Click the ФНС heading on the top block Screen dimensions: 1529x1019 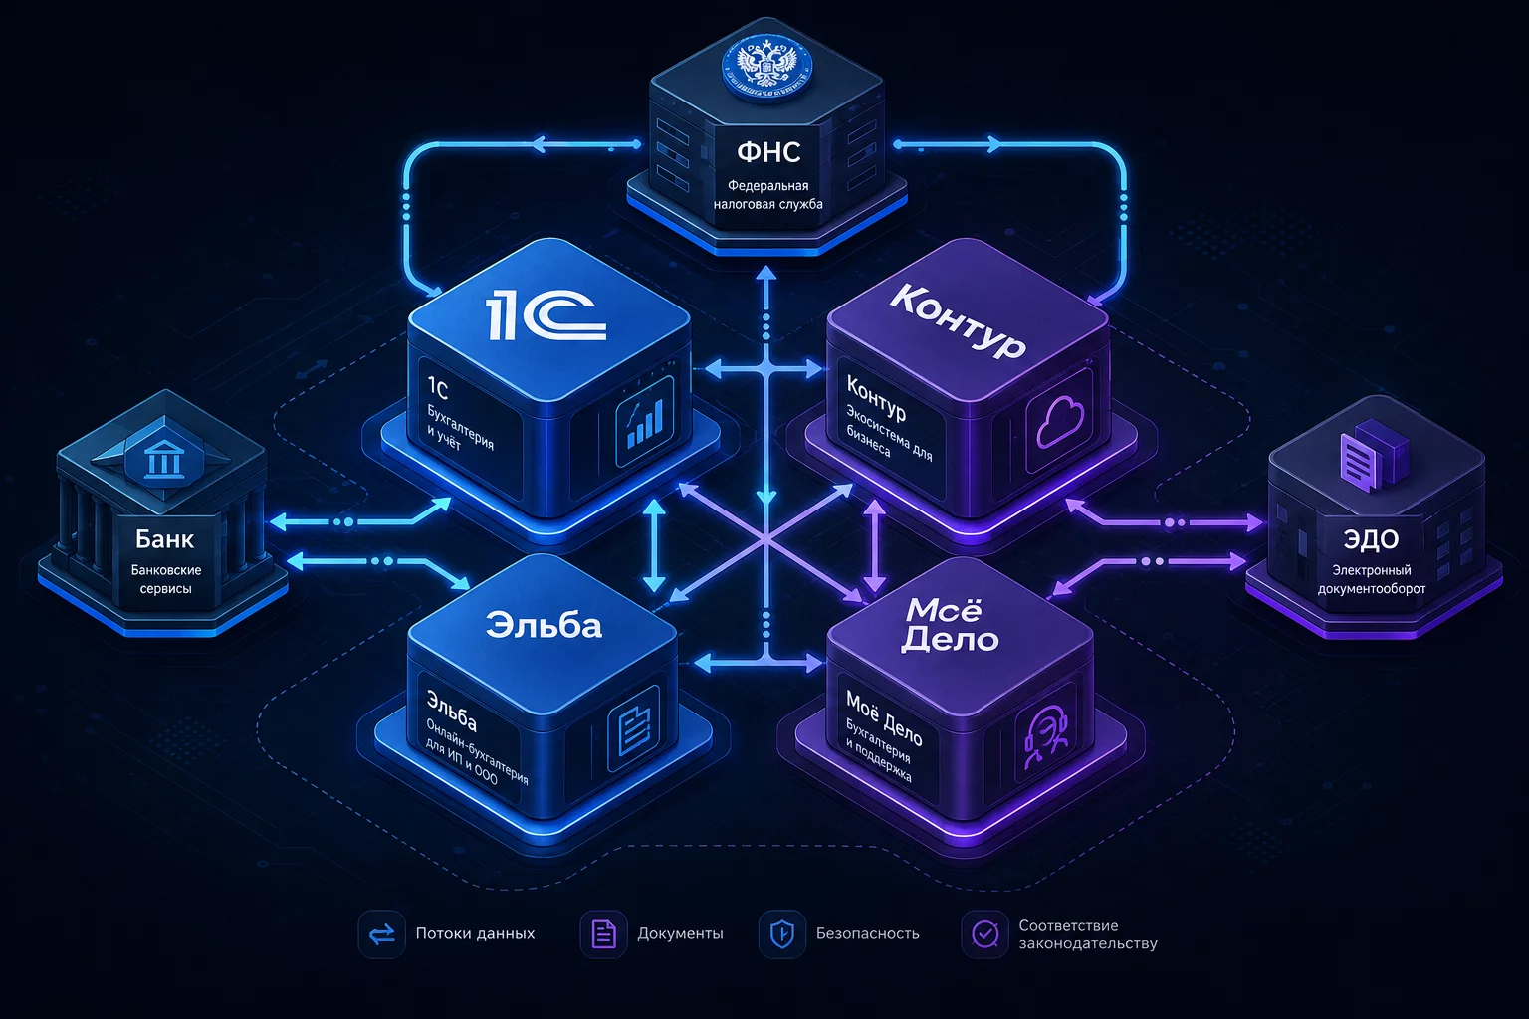click(768, 152)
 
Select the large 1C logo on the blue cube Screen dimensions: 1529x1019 click(546, 314)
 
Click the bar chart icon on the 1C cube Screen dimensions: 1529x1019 click(644, 422)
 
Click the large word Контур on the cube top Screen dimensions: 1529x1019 click(959, 320)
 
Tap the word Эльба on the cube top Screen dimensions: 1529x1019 click(545, 625)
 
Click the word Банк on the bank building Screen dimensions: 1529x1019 click(164, 539)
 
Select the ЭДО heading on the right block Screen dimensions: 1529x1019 click(1371, 539)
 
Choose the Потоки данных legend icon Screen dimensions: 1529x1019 click(382, 933)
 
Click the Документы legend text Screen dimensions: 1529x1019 click(680, 933)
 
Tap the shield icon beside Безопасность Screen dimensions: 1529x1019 click(782, 933)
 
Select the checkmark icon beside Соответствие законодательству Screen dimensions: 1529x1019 click(984, 934)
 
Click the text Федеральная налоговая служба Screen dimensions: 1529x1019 click(768, 194)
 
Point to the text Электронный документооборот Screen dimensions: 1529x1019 click(1372, 579)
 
